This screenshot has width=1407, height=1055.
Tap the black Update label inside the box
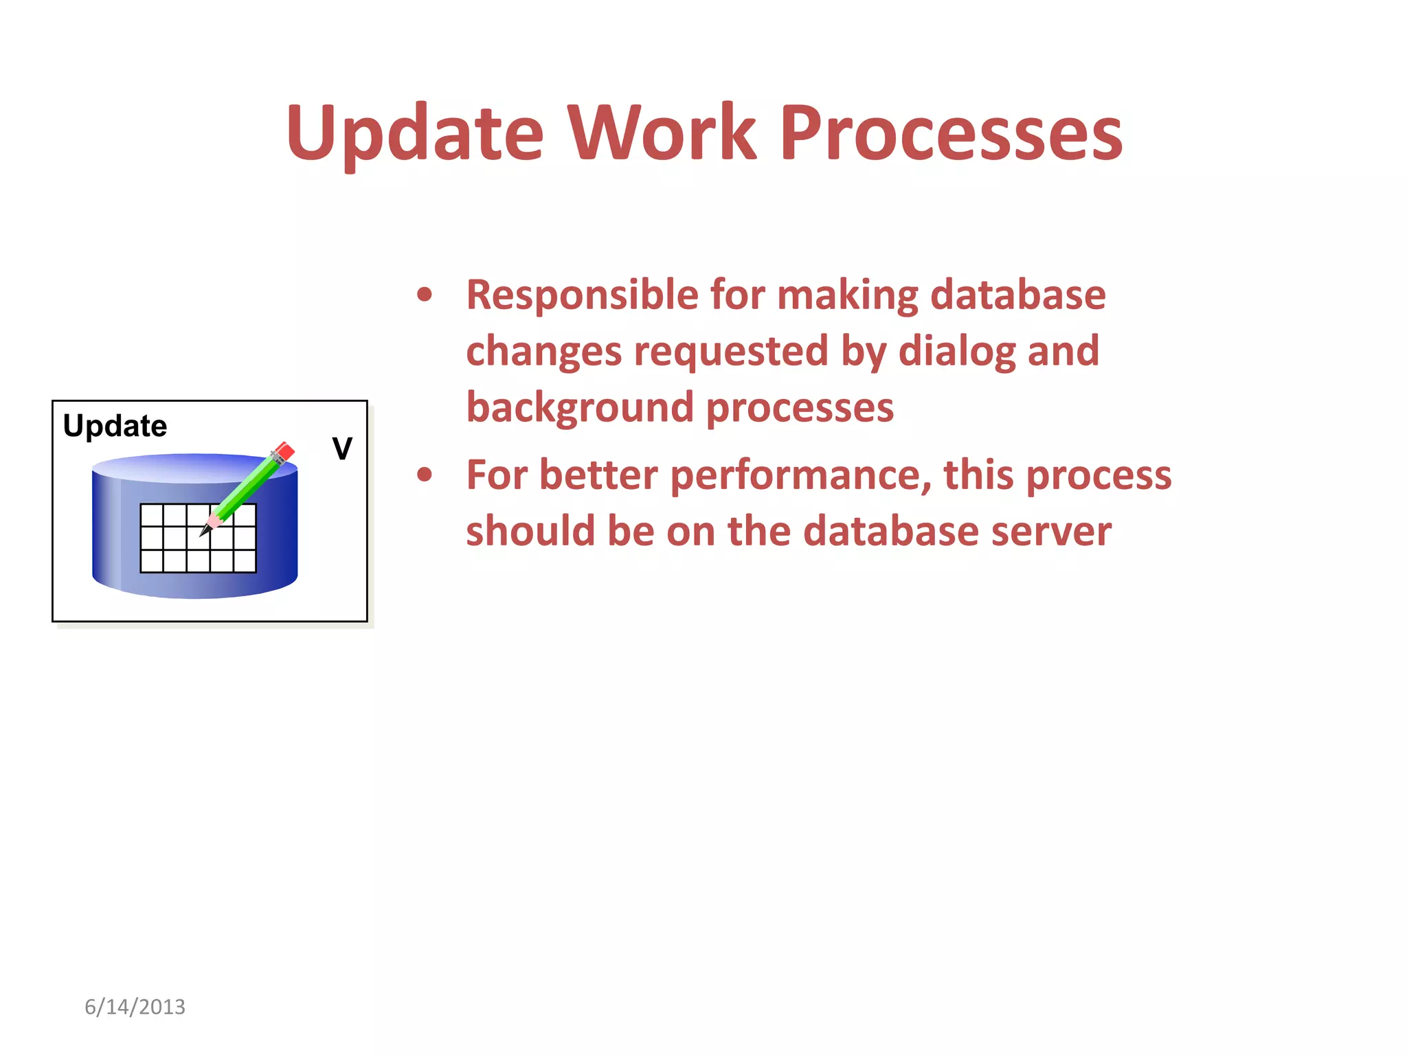[x=115, y=426]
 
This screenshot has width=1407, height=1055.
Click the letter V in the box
[x=342, y=449]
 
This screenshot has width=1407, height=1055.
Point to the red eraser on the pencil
[x=284, y=452]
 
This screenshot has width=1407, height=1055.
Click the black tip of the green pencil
[x=205, y=532]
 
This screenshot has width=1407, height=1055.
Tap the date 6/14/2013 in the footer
[x=135, y=1007]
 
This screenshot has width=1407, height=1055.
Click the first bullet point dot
[x=425, y=295]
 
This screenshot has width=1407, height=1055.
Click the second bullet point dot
[x=425, y=475]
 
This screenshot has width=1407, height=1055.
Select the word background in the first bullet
[x=580, y=407]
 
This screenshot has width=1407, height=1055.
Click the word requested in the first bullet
[x=731, y=352]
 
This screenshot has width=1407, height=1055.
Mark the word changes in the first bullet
[x=543, y=352]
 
